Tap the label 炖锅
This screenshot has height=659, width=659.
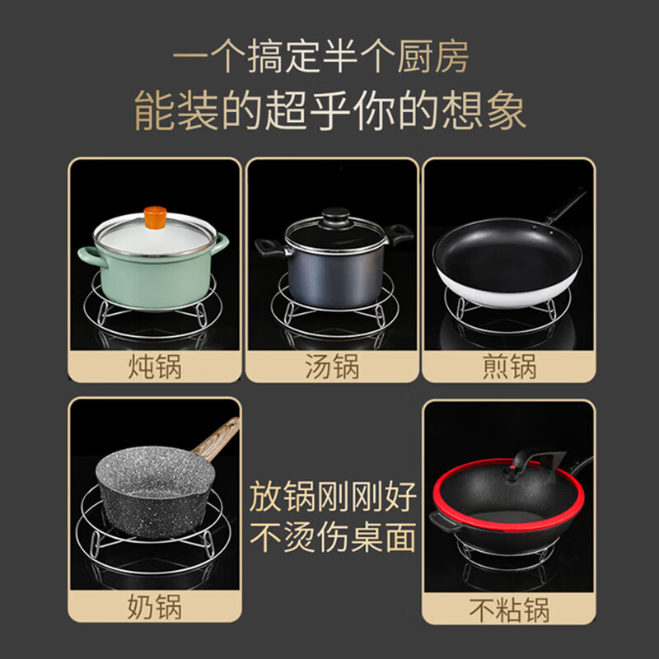154,365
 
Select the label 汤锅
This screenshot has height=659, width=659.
331,365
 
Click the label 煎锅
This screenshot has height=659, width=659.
508,365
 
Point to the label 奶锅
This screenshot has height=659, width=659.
154,608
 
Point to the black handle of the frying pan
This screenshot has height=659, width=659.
567,206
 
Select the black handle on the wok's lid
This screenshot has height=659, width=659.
540,457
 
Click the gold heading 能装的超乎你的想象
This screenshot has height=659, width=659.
329,111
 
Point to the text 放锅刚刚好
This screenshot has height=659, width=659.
334,498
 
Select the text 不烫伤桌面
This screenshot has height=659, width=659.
334,538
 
